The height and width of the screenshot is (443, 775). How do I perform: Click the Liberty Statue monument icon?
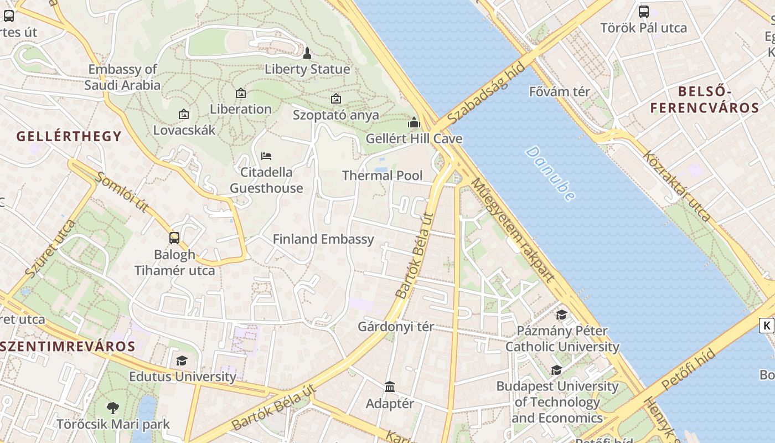(307, 53)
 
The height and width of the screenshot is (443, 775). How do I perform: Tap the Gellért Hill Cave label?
(414, 138)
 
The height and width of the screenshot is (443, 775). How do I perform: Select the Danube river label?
(550, 173)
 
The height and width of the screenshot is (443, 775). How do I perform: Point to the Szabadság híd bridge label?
(486, 94)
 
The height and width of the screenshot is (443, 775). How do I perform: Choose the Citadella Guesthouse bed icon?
(266, 156)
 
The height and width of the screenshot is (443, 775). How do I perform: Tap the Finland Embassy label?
(323, 239)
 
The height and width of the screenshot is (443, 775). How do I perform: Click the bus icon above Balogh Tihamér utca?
(174, 238)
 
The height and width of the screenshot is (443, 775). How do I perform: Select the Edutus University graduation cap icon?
(182, 361)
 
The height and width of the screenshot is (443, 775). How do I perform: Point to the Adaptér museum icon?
(390, 387)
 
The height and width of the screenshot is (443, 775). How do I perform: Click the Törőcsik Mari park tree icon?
(113, 409)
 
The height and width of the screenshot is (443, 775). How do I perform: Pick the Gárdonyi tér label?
(396, 326)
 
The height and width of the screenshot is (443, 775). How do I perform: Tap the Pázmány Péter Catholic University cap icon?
(561, 315)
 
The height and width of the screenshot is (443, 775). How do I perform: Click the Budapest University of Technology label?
(557, 401)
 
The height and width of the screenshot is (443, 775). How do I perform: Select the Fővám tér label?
(560, 91)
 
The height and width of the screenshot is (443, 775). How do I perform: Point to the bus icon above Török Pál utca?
(644, 12)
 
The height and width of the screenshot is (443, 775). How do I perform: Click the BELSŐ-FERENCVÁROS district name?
(705, 100)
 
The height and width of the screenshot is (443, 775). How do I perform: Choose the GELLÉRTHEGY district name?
(69, 136)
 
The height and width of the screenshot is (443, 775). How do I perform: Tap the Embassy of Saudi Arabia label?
(122, 77)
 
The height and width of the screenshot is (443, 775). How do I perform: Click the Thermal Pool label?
(382, 176)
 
